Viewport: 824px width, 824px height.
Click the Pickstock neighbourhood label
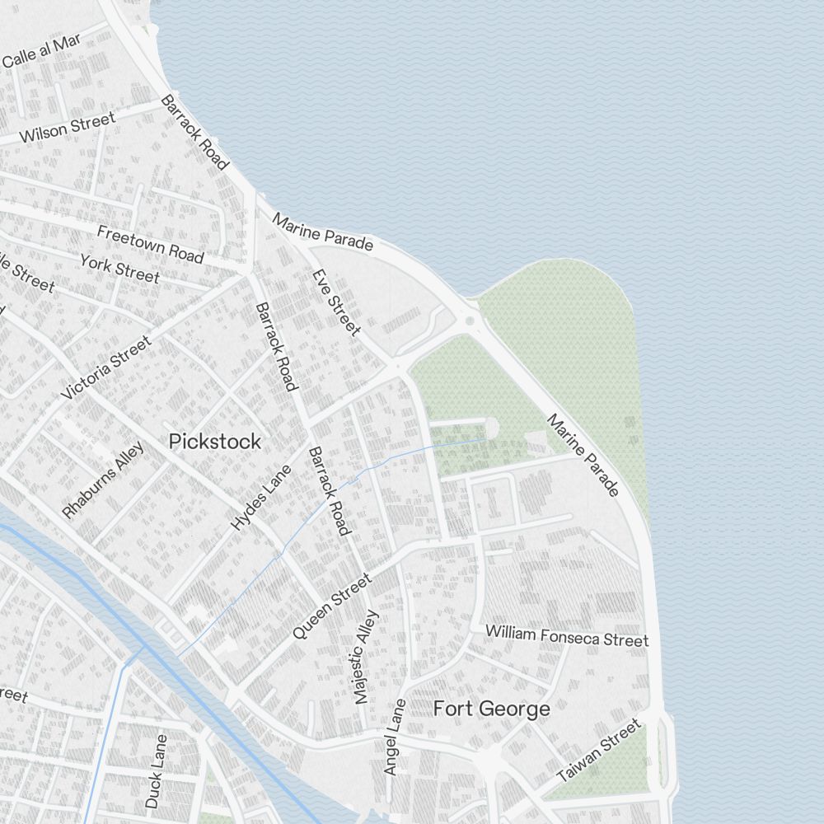click(x=214, y=442)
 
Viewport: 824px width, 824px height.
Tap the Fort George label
click(x=491, y=709)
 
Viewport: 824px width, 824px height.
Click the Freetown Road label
click(x=150, y=244)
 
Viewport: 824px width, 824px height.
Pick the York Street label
click(x=119, y=268)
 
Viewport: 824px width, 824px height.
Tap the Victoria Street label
click(x=106, y=368)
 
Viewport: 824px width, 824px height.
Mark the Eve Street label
click(x=336, y=302)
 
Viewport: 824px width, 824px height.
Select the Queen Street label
click(x=333, y=606)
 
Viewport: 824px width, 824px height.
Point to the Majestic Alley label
click(x=366, y=657)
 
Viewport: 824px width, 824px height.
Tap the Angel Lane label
click(x=396, y=737)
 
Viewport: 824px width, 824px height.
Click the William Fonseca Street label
click(x=566, y=635)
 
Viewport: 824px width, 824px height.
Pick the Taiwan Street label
click(x=599, y=751)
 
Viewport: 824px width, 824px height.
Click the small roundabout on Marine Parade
click(x=470, y=321)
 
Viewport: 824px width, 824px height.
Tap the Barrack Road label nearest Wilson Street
click(x=194, y=133)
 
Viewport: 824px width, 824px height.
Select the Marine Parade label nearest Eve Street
click(x=323, y=232)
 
